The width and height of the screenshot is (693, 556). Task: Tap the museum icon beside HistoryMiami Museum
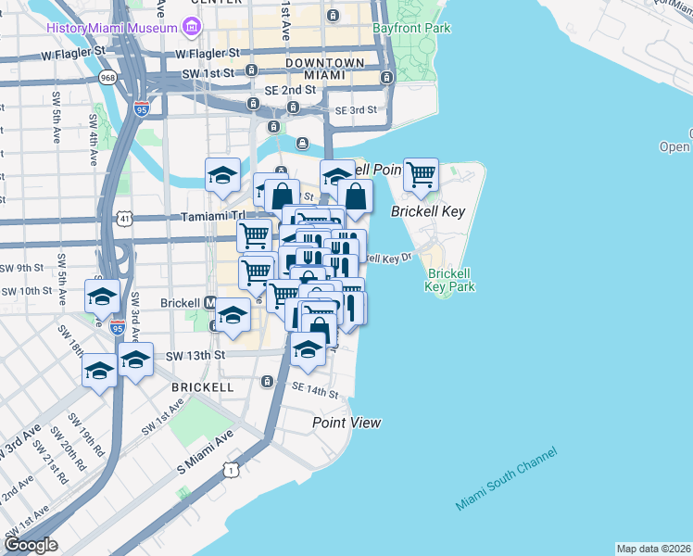coord(192,28)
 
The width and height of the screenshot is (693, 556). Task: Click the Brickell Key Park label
coord(450,280)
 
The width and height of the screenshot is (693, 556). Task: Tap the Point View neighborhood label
coord(346,423)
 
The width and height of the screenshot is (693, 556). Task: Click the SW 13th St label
coord(195,355)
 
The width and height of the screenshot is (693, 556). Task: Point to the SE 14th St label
coord(314,390)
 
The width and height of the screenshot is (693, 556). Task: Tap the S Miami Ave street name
coord(205,454)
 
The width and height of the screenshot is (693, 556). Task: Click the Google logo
coord(30,545)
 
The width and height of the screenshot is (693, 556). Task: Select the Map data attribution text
coord(653,549)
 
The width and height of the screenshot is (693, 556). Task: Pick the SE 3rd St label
coord(356,109)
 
